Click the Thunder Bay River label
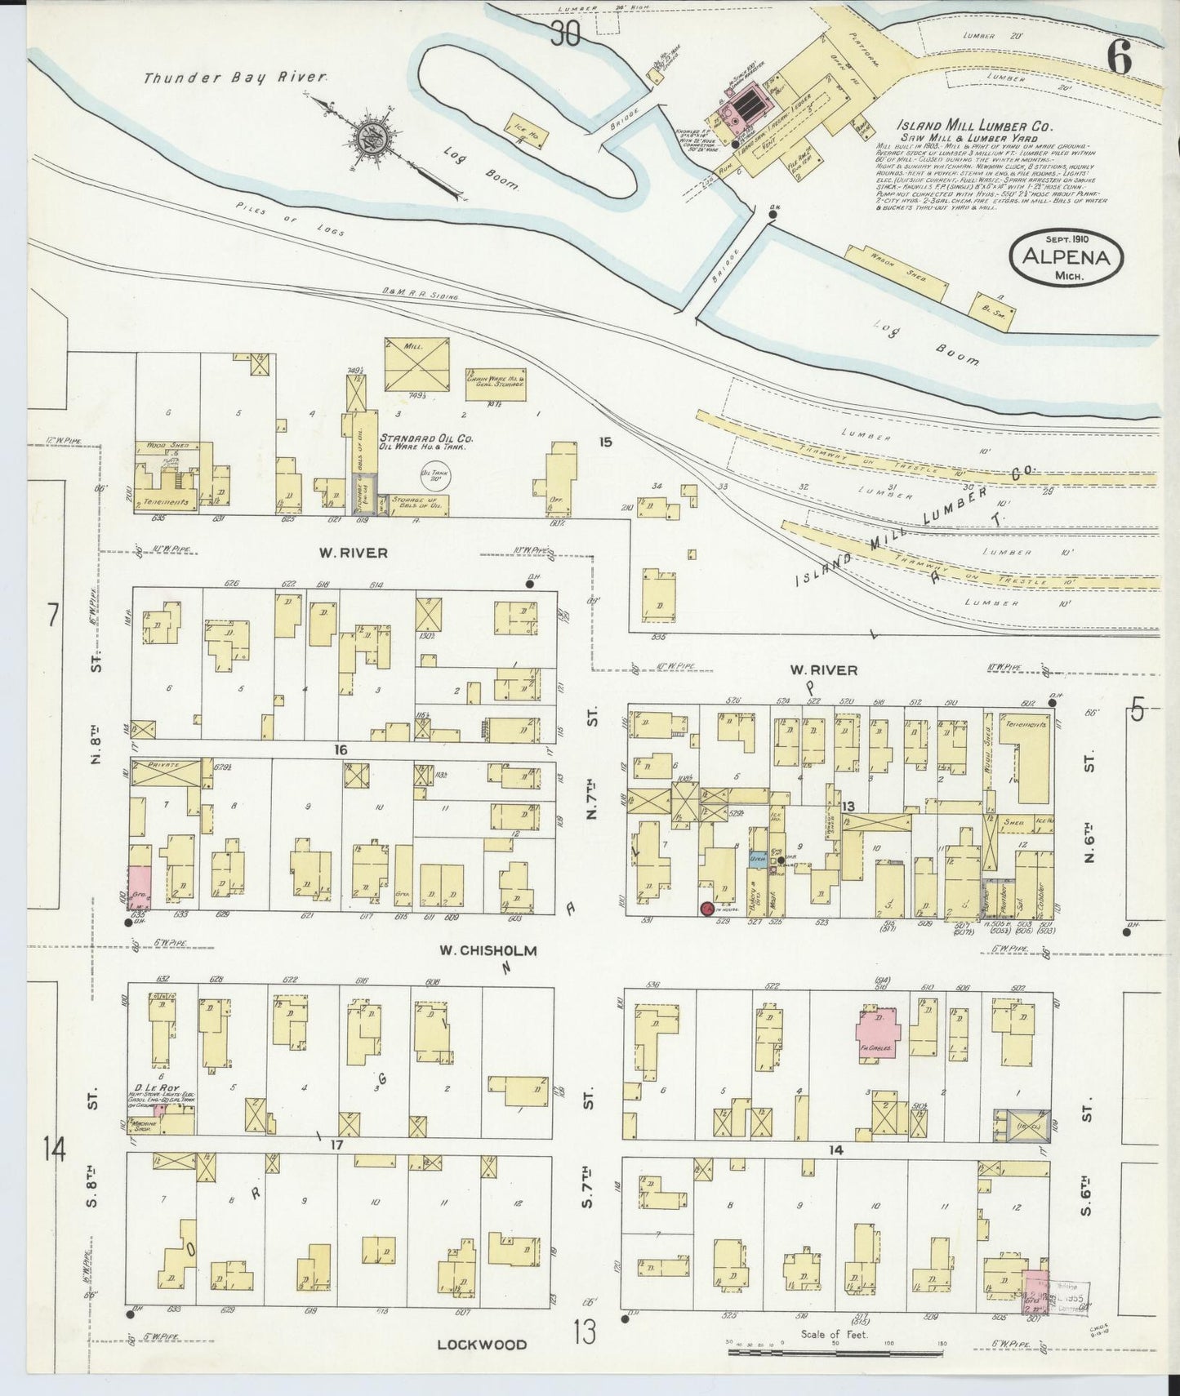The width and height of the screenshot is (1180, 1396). click(236, 78)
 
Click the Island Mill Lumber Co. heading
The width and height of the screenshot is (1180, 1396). click(973, 127)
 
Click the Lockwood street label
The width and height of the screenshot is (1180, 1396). click(481, 1344)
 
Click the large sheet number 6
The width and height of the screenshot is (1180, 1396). click(1118, 57)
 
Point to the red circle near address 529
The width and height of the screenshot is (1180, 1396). click(706, 908)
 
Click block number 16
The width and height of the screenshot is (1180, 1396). click(341, 749)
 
